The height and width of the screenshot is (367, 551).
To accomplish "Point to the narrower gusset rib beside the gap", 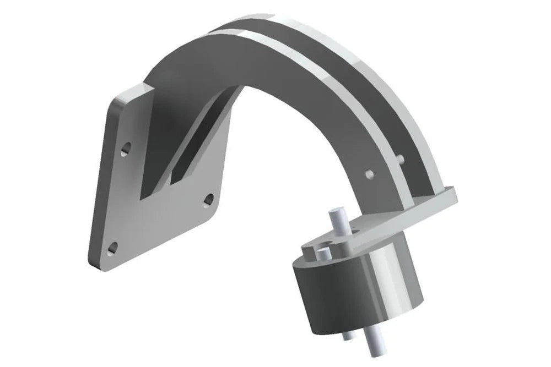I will pos(190,149).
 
